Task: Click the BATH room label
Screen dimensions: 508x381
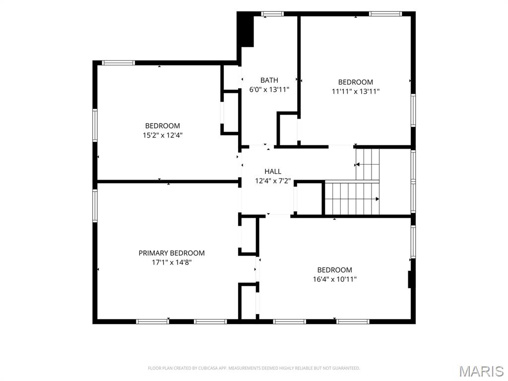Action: [269, 80]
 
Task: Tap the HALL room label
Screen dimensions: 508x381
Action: [273, 171]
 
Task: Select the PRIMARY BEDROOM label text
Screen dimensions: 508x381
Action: [172, 253]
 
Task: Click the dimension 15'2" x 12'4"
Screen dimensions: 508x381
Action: [163, 135]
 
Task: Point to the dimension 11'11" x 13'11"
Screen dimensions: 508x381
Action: [355, 91]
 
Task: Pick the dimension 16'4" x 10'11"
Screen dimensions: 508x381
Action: [335, 279]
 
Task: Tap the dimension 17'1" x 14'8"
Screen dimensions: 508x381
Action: [172, 262]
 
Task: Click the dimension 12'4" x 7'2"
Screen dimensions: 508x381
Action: [273, 181]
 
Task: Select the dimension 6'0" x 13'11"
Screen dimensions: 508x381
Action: [269, 89]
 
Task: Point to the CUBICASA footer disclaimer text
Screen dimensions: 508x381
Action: [254, 368]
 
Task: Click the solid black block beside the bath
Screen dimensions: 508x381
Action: [246, 30]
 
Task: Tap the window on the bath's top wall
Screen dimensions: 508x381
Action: [272, 14]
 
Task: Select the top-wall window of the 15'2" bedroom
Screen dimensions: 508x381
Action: [118, 63]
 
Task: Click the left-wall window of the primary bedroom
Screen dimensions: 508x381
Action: [95, 205]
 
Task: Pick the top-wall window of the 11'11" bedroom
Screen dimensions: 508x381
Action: [385, 14]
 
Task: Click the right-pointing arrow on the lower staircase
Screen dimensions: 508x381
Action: [378, 199]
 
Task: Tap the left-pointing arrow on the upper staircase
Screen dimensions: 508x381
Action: [357, 165]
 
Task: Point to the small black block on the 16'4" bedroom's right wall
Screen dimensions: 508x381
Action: [409, 279]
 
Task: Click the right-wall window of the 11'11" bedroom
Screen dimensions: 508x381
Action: [413, 110]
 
